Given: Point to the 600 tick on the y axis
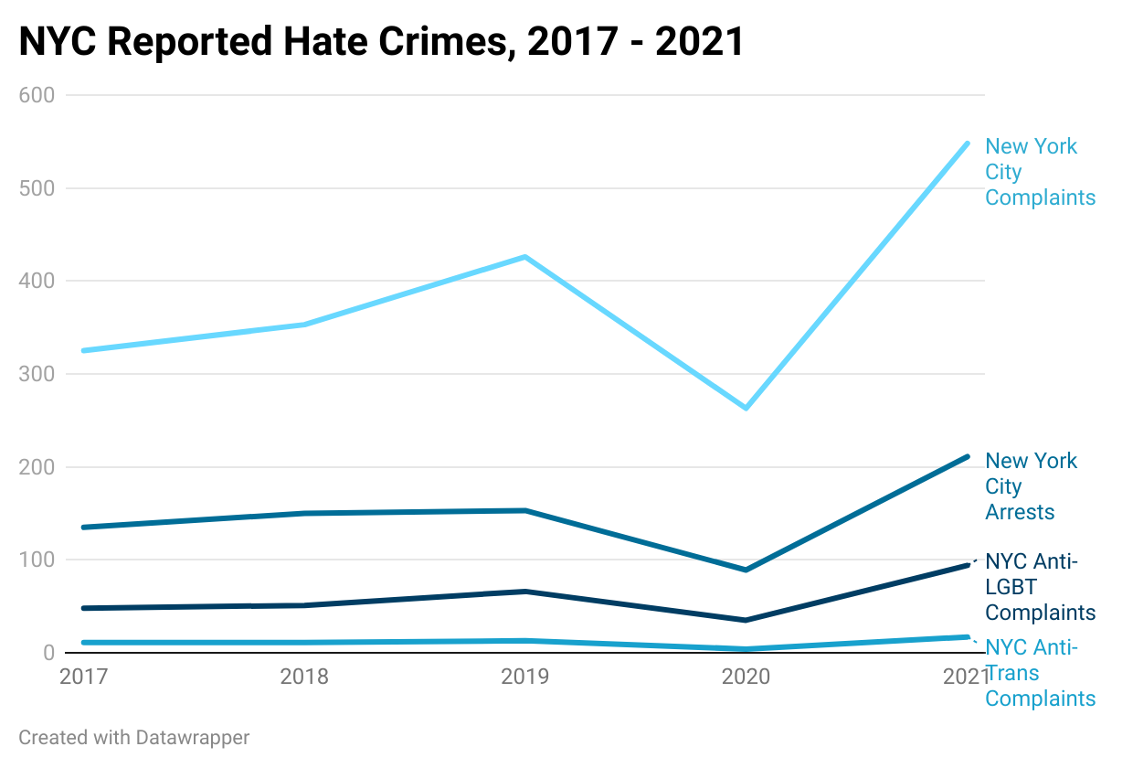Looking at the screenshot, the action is pyautogui.click(x=37, y=95).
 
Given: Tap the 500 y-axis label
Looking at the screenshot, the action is pyautogui.click(x=37, y=188).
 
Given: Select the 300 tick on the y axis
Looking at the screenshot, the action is pyautogui.click(x=37, y=374).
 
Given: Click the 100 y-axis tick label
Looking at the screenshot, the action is pyautogui.click(x=37, y=560).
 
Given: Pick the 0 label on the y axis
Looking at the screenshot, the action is pyautogui.click(x=49, y=653).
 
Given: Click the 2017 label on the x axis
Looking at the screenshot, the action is pyautogui.click(x=83, y=677).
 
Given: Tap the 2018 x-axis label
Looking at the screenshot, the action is pyautogui.click(x=304, y=677).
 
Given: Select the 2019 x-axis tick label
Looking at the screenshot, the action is pyautogui.click(x=525, y=677).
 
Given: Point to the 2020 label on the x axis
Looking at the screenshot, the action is pyautogui.click(x=747, y=677).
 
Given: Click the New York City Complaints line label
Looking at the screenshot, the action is pyautogui.click(x=1041, y=172).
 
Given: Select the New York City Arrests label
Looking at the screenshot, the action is pyautogui.click(x=1032, y=486).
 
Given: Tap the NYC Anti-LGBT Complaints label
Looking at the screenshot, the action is pyautogui.click(x=1041, y=587).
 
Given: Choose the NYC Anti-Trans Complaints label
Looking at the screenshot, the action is pyautogui.click(x=1041, y=673).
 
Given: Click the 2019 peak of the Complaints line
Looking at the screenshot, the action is pyautogui.click(x=525, y=257).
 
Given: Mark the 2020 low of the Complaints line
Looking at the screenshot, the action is pyautogui.click(x=747, y=408).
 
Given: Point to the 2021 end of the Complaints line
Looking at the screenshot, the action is pyautogui.click(x=967, y=144).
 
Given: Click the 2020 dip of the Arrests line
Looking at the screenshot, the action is pyautogui.click(x=747, y=570).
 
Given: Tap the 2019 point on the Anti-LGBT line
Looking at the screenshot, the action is pyautogui.click(x=525, y=592).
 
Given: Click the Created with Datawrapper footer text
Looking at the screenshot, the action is pyautogui.click(x=134, y=738).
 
